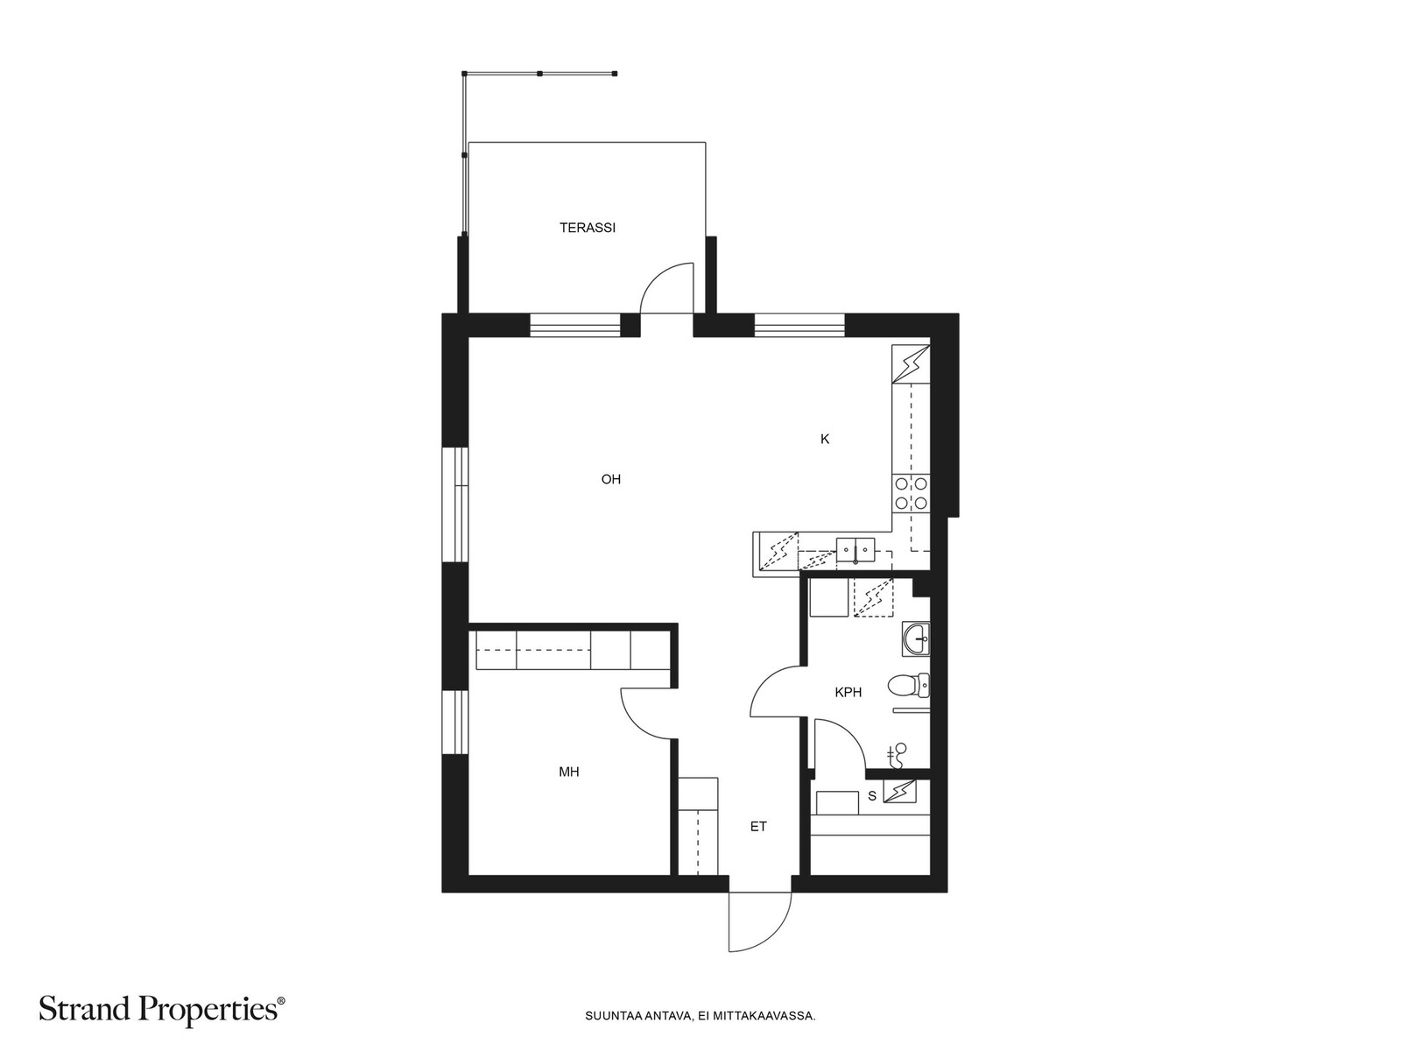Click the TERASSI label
coord(588,228)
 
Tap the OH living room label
coord(611,479)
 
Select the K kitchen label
coord(825,439)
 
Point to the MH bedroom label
coord(568,772)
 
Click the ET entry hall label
coord(758,827)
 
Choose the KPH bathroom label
coord(848,693)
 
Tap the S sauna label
coord(872,796)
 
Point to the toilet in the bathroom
coord(909,687)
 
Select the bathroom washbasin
coord(916,639)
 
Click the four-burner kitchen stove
coord(911,493)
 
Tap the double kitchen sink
coord(855,549)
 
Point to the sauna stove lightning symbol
coord(900,793)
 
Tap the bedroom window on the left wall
coord(455,723)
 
